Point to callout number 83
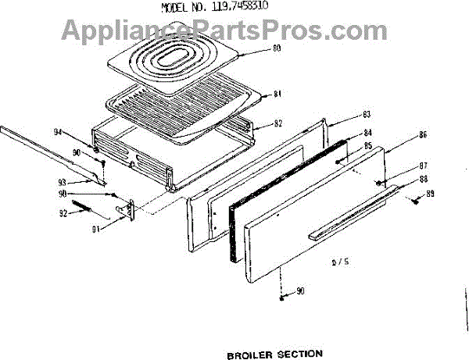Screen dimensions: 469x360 pos(344,115)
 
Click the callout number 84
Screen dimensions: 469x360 pos(345,133)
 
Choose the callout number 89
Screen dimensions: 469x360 pos(429,192)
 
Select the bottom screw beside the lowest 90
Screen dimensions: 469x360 pos(281,298)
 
